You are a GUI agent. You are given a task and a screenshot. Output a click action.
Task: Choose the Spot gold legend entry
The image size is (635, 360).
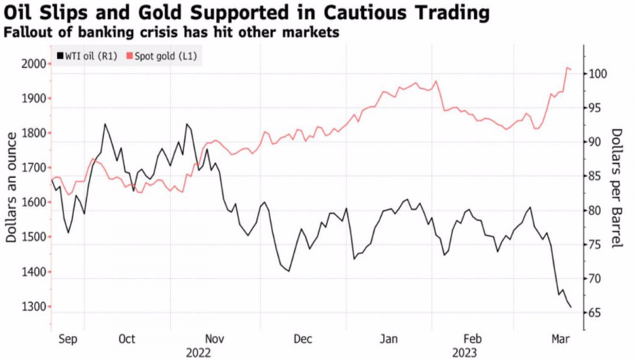tap(162, 56)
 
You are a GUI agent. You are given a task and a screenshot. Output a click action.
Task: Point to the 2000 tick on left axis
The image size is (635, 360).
tap(32, 64)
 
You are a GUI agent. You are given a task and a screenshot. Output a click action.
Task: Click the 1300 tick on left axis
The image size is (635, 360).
tap(32, 307)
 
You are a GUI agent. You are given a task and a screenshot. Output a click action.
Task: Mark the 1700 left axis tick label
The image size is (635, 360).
tap(32, 168)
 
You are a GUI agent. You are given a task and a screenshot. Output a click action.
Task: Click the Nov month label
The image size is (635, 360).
tap(214, 340)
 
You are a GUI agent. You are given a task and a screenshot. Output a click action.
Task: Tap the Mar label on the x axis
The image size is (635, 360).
tap(560, 340)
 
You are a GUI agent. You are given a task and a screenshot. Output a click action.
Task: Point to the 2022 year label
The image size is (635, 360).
tap(198, 352)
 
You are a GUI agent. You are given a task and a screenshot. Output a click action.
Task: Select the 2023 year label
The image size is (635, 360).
tap(464, 352)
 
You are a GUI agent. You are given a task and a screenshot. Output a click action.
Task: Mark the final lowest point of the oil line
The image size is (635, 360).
tap(570, 307)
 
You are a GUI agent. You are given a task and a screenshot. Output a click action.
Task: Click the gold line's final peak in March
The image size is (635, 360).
tap(567, 68)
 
